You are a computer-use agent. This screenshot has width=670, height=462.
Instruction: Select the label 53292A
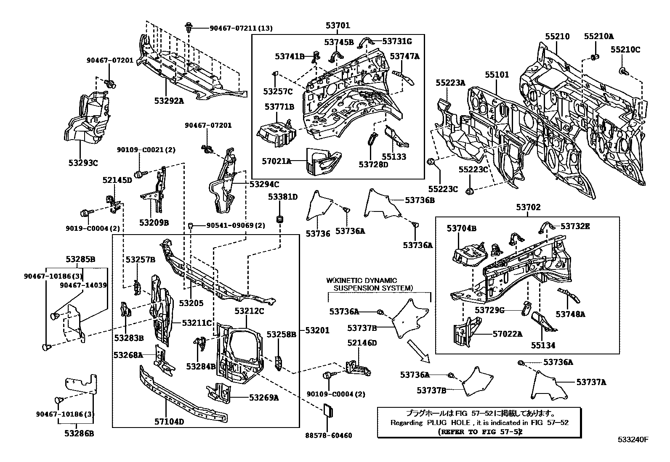169,100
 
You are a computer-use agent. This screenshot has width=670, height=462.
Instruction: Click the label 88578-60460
328,436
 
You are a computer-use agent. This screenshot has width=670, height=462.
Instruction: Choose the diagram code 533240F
633,440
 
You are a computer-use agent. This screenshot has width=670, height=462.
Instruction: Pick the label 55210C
625,50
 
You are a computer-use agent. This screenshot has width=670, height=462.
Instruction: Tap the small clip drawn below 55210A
595,57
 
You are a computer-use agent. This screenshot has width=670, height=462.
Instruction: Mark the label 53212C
249,311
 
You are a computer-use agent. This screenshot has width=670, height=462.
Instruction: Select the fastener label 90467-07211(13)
241,28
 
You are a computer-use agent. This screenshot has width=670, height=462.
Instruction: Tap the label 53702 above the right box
528,207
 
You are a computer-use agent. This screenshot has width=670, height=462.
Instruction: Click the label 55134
542,345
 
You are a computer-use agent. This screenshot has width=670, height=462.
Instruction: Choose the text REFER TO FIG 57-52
480,431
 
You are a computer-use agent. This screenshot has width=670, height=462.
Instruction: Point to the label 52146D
362,343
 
